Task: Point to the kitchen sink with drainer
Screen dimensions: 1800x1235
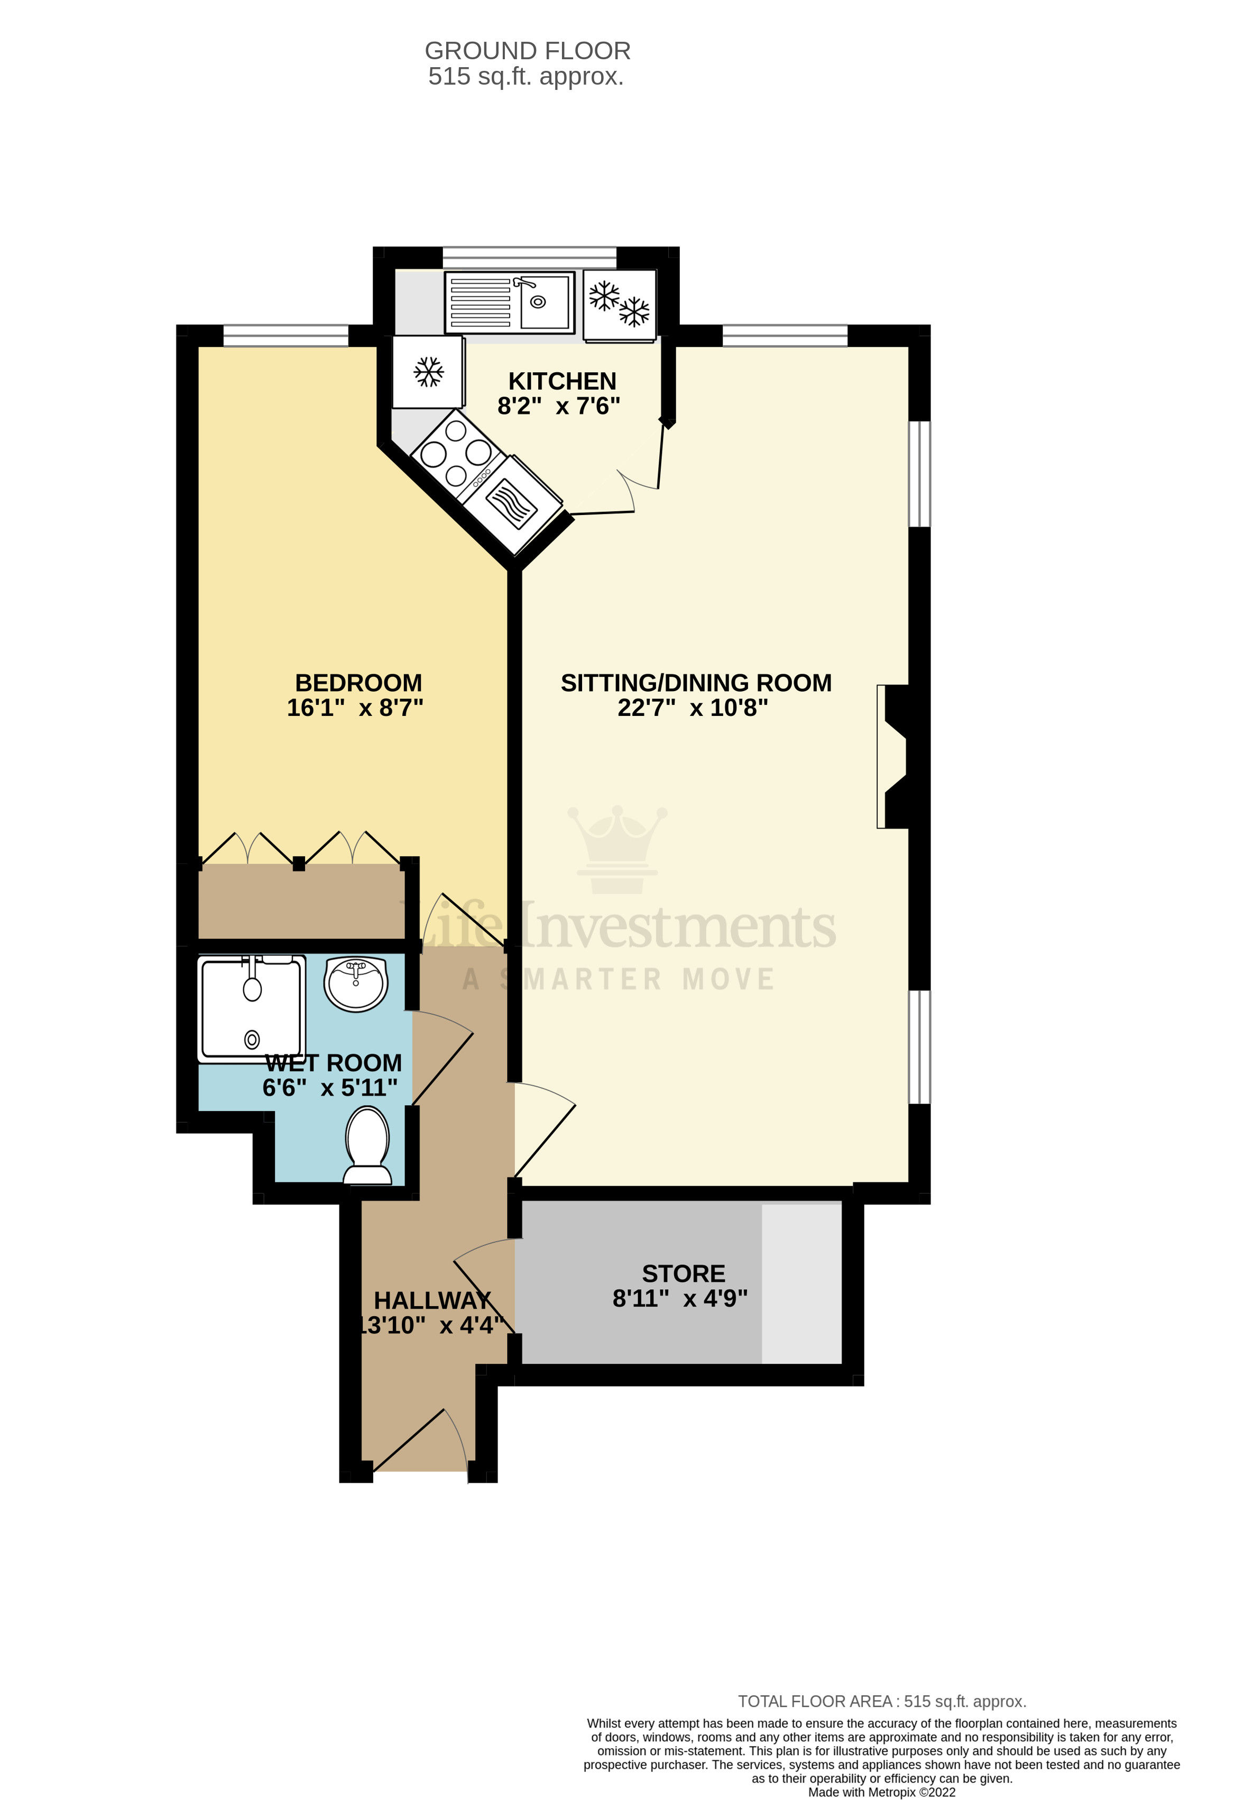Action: click(x=510, y=302)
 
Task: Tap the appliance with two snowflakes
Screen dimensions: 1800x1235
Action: click(x=620, y=305)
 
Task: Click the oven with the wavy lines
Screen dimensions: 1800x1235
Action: click(x=511, y=503)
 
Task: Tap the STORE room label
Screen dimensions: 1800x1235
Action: click(x=683, y=1273)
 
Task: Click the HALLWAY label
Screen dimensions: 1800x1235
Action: click(x=432, y=1300)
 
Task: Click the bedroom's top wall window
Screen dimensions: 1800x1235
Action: click(x=285, y=335)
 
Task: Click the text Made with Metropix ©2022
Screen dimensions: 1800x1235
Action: click(x=881, y=1792)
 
